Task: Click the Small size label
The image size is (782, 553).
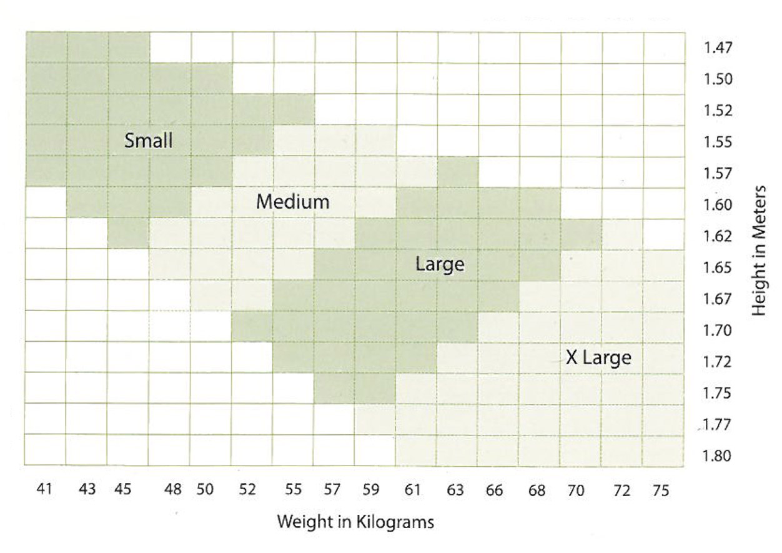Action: [x=148, y=141]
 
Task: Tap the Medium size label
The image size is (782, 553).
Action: [x=293, y=202]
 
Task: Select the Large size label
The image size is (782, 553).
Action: [x=440, y=264]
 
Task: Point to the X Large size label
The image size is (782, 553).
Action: [x=598, y=358]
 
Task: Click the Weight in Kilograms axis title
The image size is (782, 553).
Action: [x=355, y=521]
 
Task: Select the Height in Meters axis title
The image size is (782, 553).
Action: [x=760, y=250]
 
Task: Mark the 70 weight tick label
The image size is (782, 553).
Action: [x=576, y=491]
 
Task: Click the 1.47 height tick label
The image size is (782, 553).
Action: [x=718, y=48]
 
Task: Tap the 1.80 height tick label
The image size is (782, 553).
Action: [x=718, y=456]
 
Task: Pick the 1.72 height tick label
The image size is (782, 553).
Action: [x=718, y=362]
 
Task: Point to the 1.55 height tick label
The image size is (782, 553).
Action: [x=718, y=142]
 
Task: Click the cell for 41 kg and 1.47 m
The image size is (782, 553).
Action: [x=46, y=47]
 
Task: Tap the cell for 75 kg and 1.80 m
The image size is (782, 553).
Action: [x=663, y=450]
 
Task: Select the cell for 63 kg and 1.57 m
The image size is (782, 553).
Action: [x=458, y=171]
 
